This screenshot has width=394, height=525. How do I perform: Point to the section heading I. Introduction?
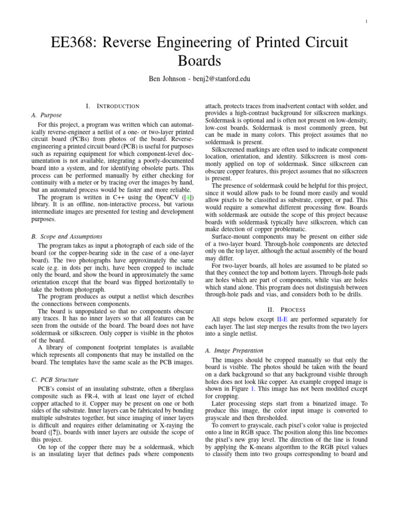113,106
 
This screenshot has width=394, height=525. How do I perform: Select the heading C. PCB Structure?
55,380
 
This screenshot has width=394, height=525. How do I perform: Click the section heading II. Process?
286,309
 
